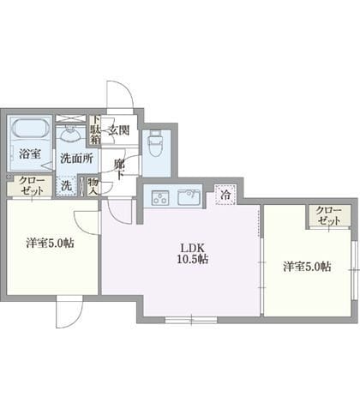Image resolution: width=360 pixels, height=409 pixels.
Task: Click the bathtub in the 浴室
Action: coord(30,129)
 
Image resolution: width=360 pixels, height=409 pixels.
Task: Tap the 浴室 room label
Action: coord(30,154)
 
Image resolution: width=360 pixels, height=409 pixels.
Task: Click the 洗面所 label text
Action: coord(76,159)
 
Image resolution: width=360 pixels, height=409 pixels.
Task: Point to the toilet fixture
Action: coord(156,143)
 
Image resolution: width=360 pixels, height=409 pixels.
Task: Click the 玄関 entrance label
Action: coord(118,130)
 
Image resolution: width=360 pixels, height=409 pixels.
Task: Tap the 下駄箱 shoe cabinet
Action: coord(95,130)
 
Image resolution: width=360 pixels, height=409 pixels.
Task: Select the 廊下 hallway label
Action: coord(119,170)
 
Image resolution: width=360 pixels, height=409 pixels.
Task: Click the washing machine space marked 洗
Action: coord(67,186)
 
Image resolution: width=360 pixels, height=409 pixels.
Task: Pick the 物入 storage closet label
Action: coord(93,186)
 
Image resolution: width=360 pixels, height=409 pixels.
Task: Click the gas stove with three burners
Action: coord(160,197)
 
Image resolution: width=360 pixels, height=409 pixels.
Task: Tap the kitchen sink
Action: coord(189,197)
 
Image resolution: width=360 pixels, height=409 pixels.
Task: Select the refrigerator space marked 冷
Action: coord(225,195)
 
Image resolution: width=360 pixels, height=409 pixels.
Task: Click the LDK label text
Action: coord(192,248)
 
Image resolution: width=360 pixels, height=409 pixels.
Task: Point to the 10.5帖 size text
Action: coord(193,259)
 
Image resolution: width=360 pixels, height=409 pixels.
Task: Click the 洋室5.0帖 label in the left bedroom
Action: coord(51,244)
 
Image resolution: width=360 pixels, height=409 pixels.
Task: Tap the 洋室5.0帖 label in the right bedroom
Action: coord(308,267)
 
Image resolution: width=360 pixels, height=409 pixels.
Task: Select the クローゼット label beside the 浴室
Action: coord(32,186)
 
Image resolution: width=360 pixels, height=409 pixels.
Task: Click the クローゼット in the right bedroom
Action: coord(328,216)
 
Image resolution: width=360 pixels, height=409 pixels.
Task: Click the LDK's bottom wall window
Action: coord(191,320)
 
